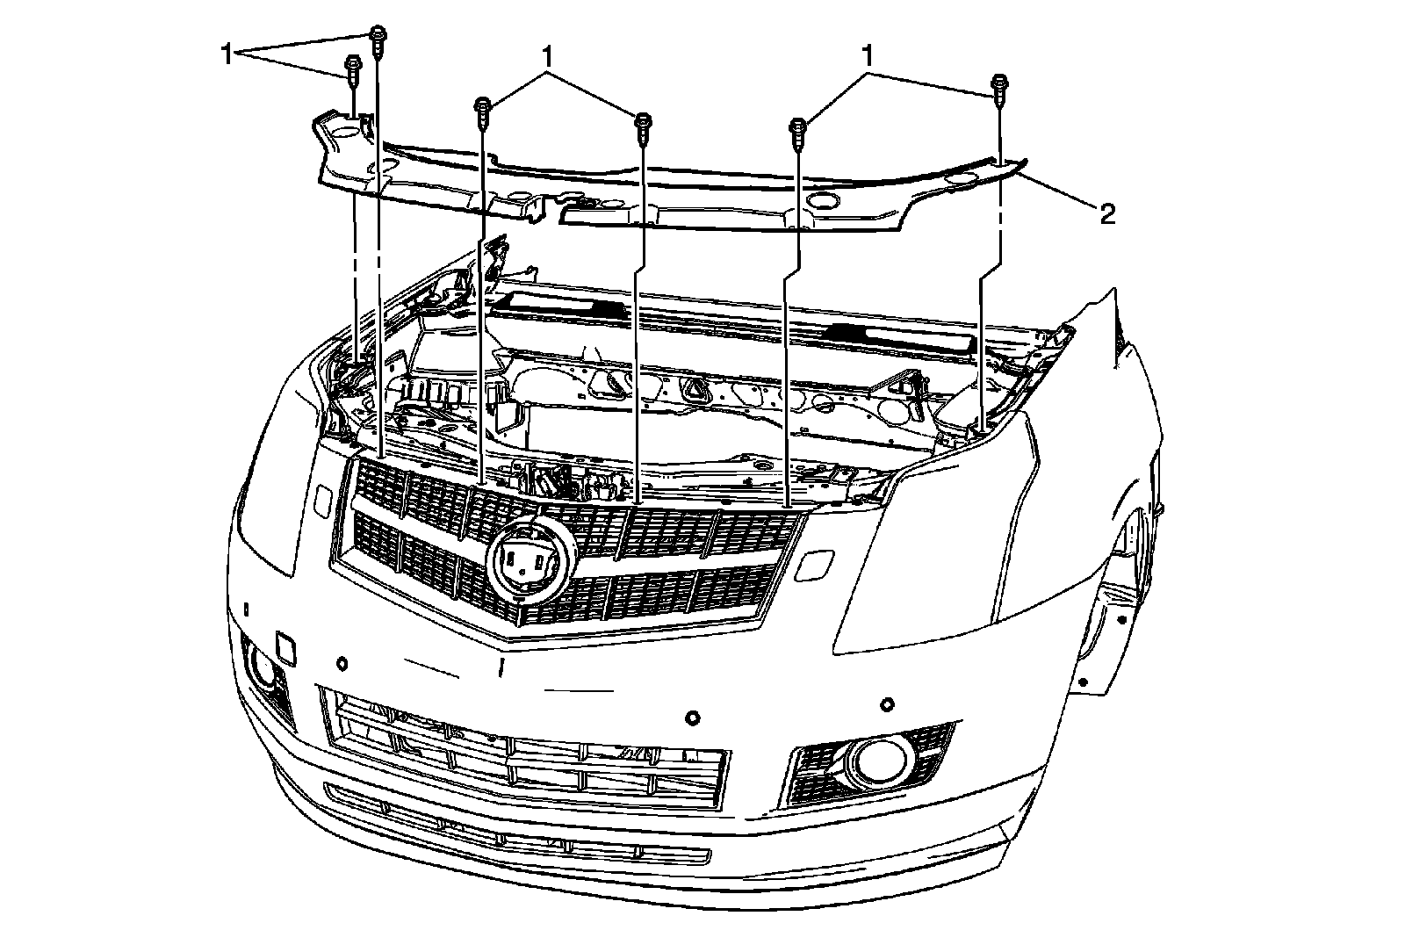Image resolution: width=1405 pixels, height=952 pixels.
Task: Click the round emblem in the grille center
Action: (527, 561)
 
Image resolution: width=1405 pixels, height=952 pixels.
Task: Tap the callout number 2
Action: (1108, 213)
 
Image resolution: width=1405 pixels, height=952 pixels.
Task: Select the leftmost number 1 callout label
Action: (227, 54)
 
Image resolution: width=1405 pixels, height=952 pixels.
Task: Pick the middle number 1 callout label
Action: (548, 57)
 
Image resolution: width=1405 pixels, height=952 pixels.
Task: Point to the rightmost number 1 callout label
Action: (868, 57)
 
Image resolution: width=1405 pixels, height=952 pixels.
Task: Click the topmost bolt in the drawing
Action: (378, 40)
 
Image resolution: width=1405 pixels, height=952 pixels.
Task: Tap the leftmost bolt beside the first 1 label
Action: (352, 69)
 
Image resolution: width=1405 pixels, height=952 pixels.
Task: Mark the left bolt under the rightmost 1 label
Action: (799, 131)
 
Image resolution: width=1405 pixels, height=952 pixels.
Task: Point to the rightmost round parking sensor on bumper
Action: (888, 704)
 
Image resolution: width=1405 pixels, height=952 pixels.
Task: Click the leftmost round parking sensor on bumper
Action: (341, 660)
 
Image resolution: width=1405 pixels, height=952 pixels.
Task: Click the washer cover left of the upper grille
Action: (320, 501)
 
